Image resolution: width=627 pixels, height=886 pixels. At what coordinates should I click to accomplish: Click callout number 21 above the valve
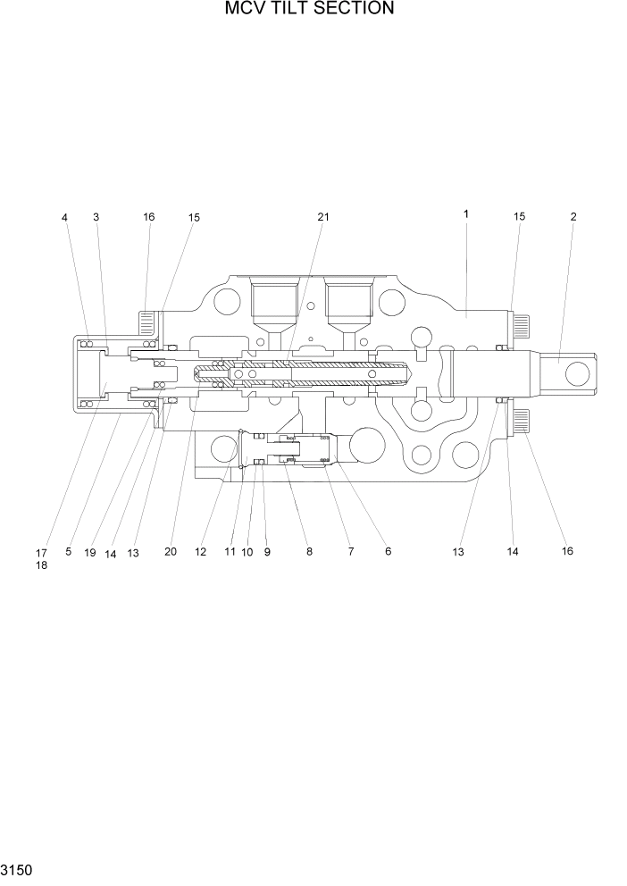[322, 216]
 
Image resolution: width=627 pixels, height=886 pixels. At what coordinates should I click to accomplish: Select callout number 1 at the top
[466, 214]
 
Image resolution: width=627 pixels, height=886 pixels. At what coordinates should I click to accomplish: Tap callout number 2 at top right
[573, 216]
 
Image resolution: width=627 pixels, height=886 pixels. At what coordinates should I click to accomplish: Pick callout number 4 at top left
[64, 216]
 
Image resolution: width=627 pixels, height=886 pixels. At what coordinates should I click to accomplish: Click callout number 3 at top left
[96, 216]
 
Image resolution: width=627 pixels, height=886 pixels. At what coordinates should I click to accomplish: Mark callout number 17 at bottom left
[41, 553]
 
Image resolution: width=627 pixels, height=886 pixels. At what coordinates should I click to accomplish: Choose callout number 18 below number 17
[41, 565]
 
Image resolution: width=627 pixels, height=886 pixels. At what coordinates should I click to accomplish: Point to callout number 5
[68, 553]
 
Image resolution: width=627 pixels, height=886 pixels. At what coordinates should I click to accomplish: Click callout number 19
[89, 553]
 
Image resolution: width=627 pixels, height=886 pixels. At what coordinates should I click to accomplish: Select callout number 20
[170, 552]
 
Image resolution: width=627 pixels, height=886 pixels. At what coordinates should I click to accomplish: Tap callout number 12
[200, 552]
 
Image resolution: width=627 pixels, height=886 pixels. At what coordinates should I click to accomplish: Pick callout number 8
[309, 552]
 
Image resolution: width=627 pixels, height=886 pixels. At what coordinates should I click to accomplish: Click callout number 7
[351, 552]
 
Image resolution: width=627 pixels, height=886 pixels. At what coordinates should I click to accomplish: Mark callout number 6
[388, 552]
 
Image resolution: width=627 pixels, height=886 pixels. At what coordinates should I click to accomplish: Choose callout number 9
[266, 552]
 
